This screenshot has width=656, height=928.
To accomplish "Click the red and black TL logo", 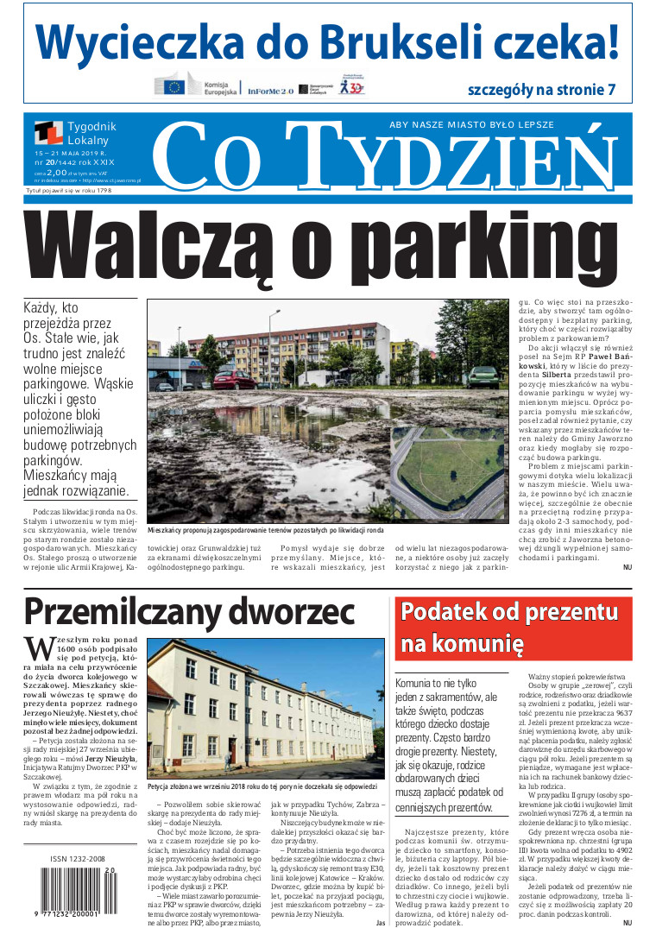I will click(x=48, y=133).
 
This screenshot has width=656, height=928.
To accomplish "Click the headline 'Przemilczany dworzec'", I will click(x=189, y=610).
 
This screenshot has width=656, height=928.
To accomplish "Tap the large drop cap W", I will click(x=40, y=649).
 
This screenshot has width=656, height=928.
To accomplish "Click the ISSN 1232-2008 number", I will click(x=78, y=859).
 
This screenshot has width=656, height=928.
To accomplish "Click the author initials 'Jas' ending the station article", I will click(x=380, y=922).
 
